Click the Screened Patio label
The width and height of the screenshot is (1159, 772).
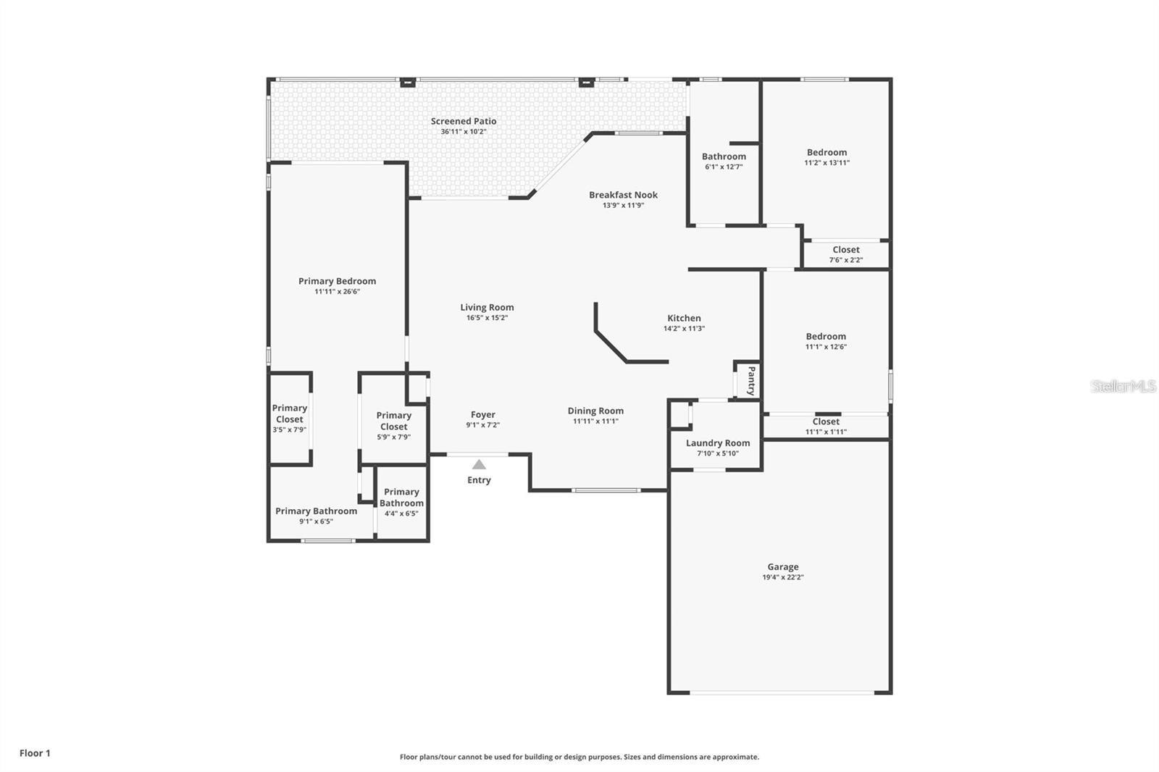click(463, 121)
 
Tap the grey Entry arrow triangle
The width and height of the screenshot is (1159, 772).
click(479, 465)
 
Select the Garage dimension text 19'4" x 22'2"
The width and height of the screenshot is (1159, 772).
click(783, 577)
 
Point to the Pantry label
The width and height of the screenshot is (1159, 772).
click(751, 381)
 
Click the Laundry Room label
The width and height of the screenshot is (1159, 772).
click(718, 443)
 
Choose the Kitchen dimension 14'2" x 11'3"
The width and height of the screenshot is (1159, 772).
click(684, 329)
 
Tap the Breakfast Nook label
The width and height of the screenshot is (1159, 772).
click(623, 195)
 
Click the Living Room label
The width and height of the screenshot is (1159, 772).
click(487, 307)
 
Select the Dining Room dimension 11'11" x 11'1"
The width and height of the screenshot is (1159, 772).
click(595, 421)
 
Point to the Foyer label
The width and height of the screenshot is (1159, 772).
click(482, 415)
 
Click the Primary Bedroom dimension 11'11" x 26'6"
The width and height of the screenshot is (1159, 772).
click(337, 292)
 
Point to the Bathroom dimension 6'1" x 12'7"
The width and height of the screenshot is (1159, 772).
click(724, 167)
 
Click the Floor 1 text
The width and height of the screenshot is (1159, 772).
click(35, 753)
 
